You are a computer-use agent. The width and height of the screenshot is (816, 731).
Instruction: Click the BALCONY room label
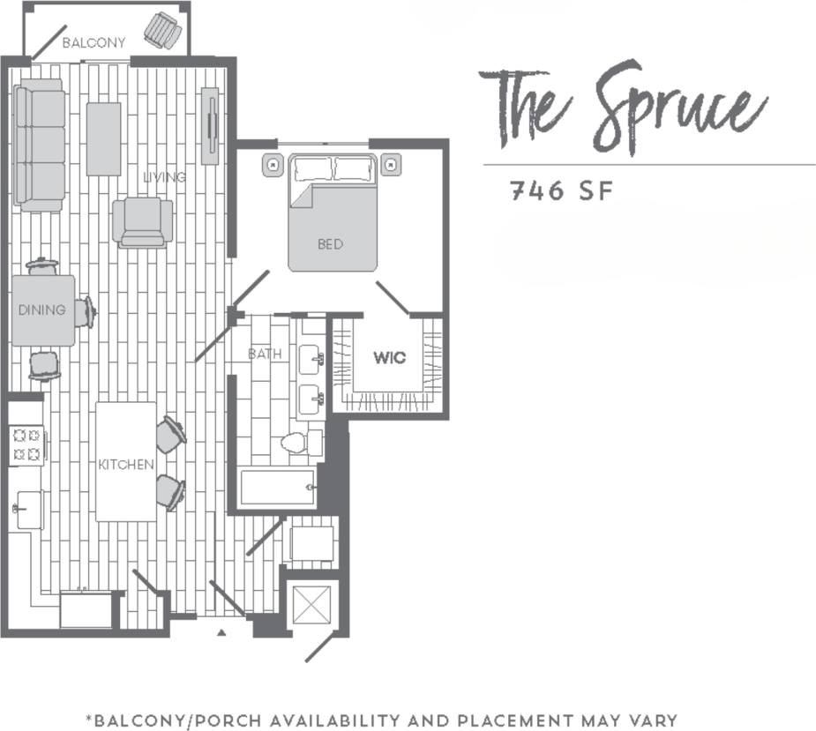[94, 42]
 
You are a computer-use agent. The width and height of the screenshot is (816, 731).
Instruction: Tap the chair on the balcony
[163, 31]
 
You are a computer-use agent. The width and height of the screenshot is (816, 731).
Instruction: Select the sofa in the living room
[40, 145]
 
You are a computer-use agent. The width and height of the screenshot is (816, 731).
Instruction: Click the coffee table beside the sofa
[103, 138]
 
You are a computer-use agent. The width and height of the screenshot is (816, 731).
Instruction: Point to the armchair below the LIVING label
[142, 221]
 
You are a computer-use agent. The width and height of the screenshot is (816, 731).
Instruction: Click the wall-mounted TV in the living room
[210, 125]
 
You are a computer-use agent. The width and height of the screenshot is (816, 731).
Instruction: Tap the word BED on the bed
[330, 244]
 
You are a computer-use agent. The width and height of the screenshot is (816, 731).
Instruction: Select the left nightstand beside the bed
[273, 163]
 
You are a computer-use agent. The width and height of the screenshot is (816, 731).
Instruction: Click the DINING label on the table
[41, 310]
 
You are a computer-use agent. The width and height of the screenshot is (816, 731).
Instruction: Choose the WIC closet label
[389, 358]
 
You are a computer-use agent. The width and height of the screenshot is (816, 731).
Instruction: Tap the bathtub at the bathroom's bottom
[277, 487]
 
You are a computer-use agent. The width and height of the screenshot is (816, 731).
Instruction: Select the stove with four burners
[26, 445]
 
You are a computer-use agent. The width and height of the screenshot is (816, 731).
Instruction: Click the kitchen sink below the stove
[27, 510]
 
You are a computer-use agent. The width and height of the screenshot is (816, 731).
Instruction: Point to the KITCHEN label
[126, 465]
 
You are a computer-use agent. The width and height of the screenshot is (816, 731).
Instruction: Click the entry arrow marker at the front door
[221, 632]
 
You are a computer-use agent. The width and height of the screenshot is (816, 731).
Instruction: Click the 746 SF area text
[560, 191]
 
